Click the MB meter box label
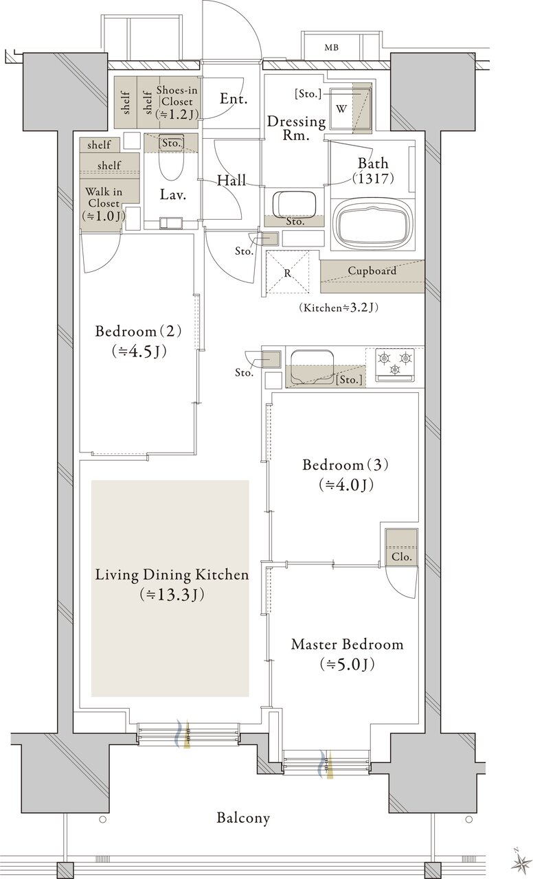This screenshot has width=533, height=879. [x=331, y=48]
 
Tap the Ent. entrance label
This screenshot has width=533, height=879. [x=234, y=98]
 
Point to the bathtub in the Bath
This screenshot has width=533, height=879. [x=372, y=225]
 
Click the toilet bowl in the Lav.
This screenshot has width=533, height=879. [x=171, y=165]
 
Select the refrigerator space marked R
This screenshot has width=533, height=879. [x=288, y=273]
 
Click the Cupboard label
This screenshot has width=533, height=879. [x=372, y=271]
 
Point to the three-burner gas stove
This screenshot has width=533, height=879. [x=395, y=364]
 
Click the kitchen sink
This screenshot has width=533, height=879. [x=312, y=367]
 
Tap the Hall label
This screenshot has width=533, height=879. [x=231, y=181]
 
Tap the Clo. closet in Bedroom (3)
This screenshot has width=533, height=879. [x=401, y=547]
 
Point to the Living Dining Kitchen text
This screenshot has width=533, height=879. [x=172, y=575]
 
